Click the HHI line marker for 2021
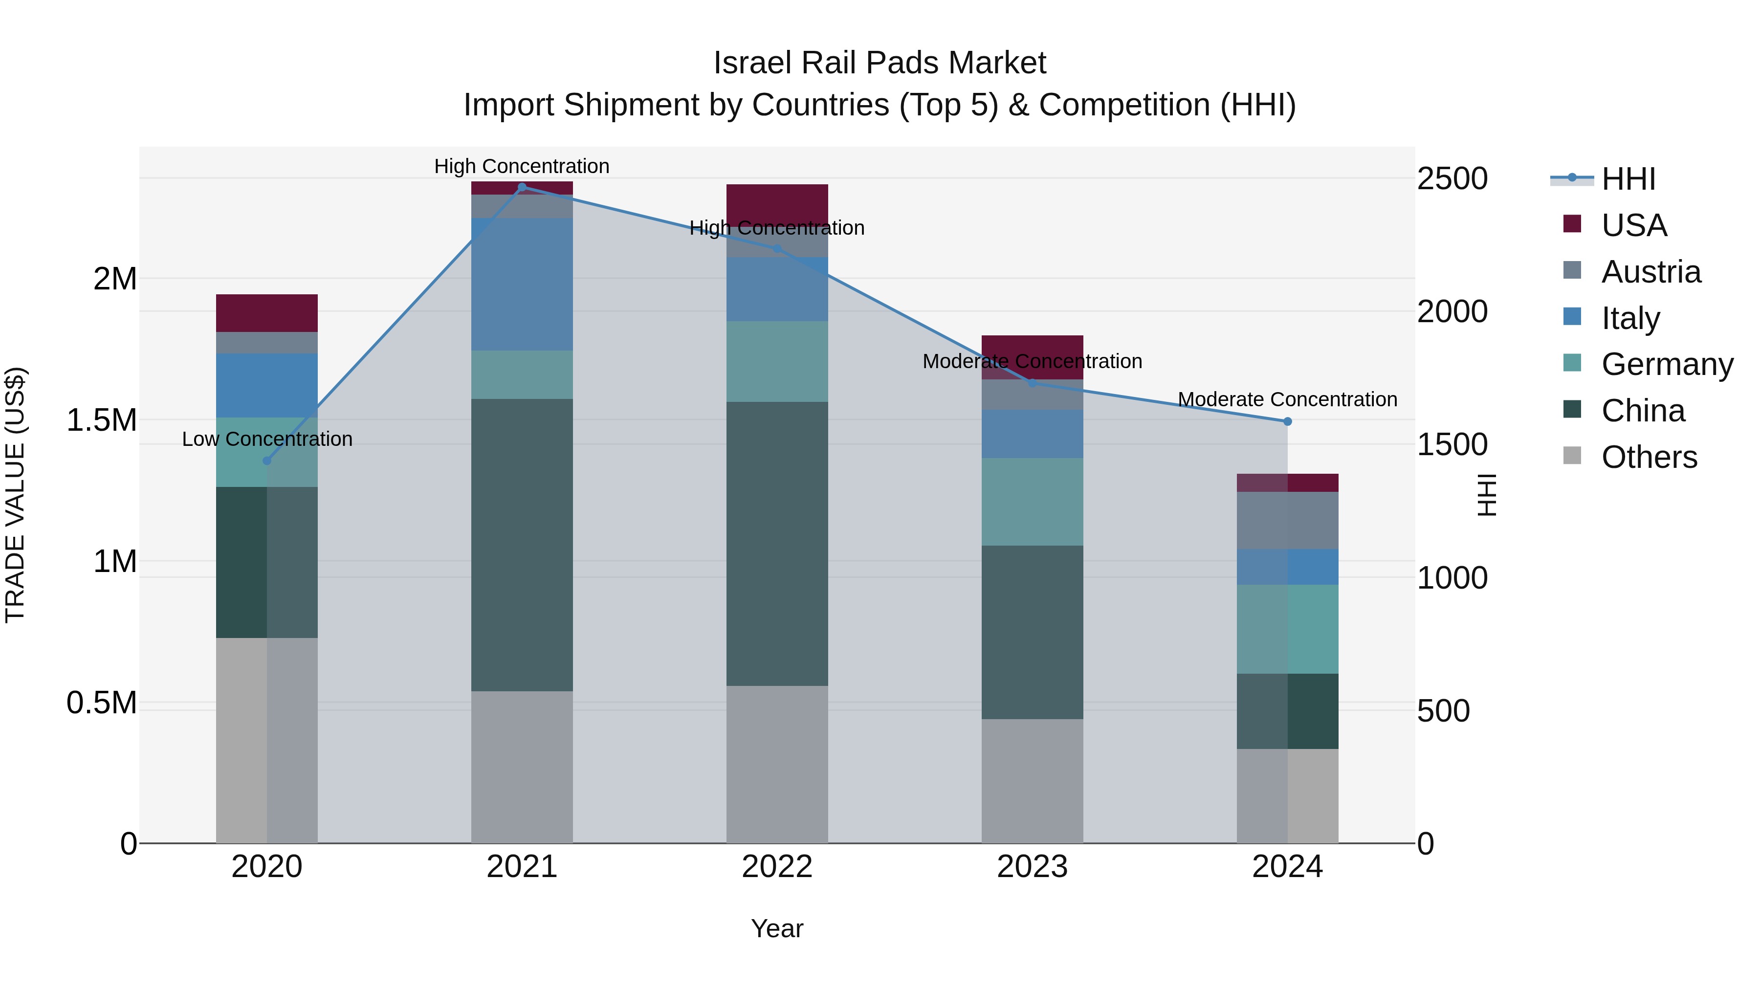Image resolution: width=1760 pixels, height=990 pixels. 522,187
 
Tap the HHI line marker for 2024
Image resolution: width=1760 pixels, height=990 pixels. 1287,421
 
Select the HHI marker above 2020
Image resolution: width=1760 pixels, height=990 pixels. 267,461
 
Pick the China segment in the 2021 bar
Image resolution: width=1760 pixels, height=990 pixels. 522,545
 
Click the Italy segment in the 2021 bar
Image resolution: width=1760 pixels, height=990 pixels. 522,284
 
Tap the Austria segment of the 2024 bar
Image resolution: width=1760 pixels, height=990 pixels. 1287,520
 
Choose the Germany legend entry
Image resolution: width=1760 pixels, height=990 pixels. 1667,364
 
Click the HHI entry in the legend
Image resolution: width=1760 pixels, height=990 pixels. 1628,179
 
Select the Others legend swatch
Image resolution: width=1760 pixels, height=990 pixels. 1572,456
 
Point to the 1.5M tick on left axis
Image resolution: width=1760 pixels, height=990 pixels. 102,420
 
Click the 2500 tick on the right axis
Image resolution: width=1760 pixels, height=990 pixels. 1452,179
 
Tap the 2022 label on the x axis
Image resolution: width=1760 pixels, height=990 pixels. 777,867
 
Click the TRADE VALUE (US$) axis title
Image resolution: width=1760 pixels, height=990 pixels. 15,495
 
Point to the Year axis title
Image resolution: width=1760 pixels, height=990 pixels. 777,928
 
